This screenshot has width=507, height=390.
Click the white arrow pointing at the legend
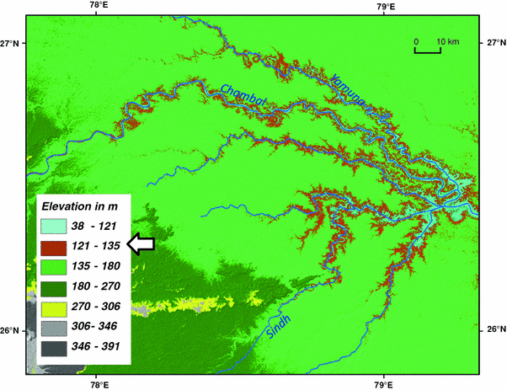click(141, 243)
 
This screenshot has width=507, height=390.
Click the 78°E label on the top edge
click(98, 6)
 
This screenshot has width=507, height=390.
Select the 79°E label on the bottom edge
click(385, 383)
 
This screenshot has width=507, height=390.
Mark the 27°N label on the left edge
click(11, 43)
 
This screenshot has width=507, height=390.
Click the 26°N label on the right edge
click(495, 329)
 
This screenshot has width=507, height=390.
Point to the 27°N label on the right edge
click(495, 43)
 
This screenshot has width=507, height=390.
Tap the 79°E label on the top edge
click(386, 6)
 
